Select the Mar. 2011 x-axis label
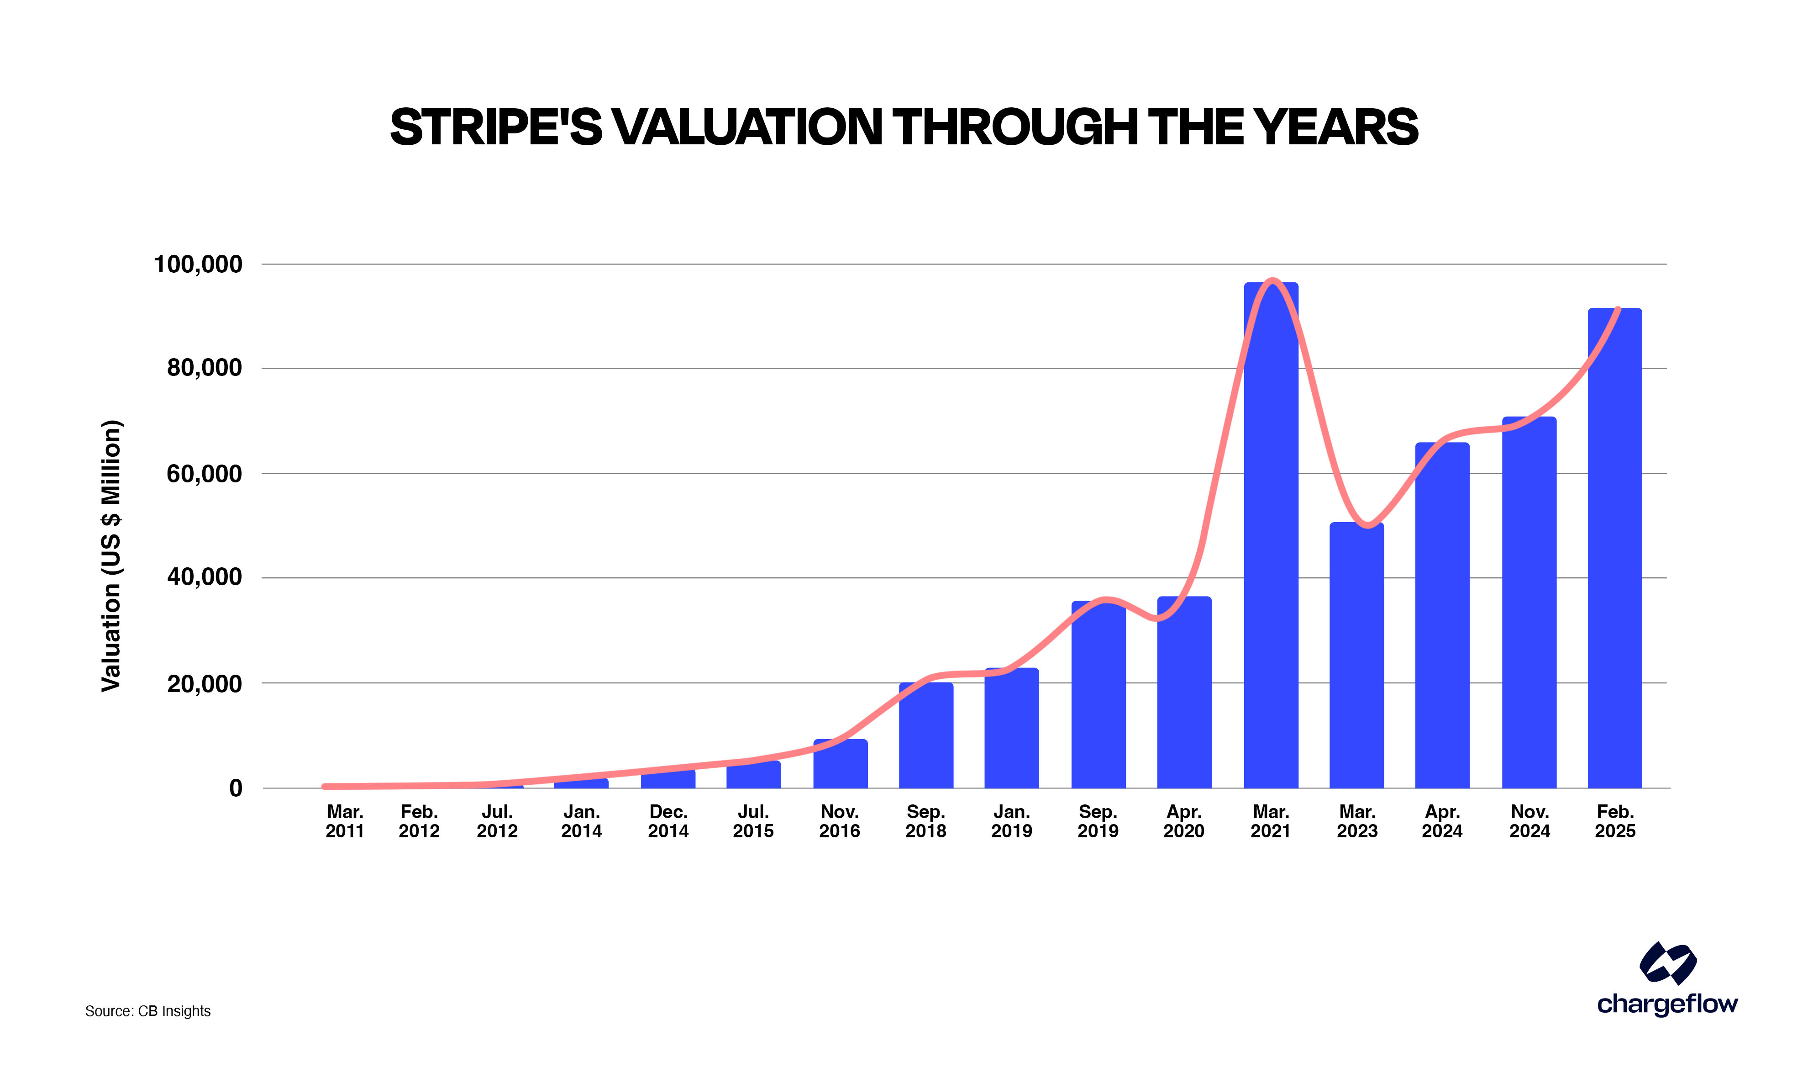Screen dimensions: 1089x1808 pyautogui.click(x=345, y=821)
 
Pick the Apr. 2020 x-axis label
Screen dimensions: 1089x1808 pyautogui.click(x=1184, y=821)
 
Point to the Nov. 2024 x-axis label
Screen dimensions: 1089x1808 pyautogui.click(x=1529, y=821)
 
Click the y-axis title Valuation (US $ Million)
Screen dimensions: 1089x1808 pyautogui.click(x=111, y=555)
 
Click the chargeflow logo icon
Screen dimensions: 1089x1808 pyautogui.click(x=1667, y=963)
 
